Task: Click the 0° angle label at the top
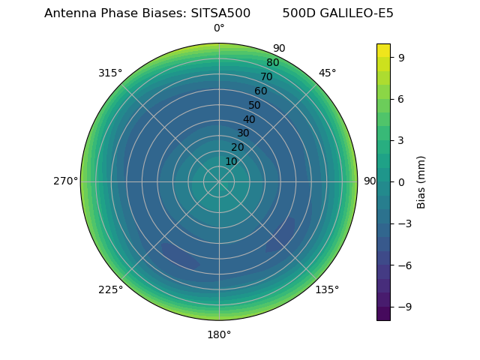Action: pyautogui.click(x=219, y=28)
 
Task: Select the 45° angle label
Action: pyautogui.click(x=327, y=73)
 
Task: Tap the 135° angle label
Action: pyautogui.click(x=327, y=289)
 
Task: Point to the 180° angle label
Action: pyautogui.click(x=219, y=334)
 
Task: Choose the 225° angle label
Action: pyautogui.click(x=110, y=289)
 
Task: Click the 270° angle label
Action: pyautogui.click(x=65, y=181)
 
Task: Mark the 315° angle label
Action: pyautogui.click(x=110, y=73)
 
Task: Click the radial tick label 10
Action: pyautogui.click(x=231, y=161)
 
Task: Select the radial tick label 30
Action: pyautogui.click(x=243, y=133)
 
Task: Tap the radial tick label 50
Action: pyautogui.click(x=255, y=105)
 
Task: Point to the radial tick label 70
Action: pyautogui.click(x=266, y=77)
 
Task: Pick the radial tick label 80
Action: pyautogui.click(x=272, y=63)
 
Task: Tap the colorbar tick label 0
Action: pyautogui.click(x=402, y=181)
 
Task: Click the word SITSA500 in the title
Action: pyautogui.click(x=220, y=13)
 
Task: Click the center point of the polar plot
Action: pyautogui.click(x=219, y=181)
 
